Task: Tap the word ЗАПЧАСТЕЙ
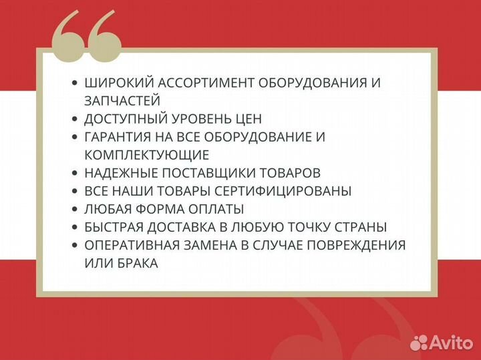[122, 101]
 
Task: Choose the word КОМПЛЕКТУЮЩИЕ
[147, 155]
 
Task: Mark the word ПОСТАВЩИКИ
[209, 173]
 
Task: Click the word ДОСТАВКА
[190, 227]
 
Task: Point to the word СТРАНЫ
[363, 227]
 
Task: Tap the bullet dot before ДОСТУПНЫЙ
[74, 120]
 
